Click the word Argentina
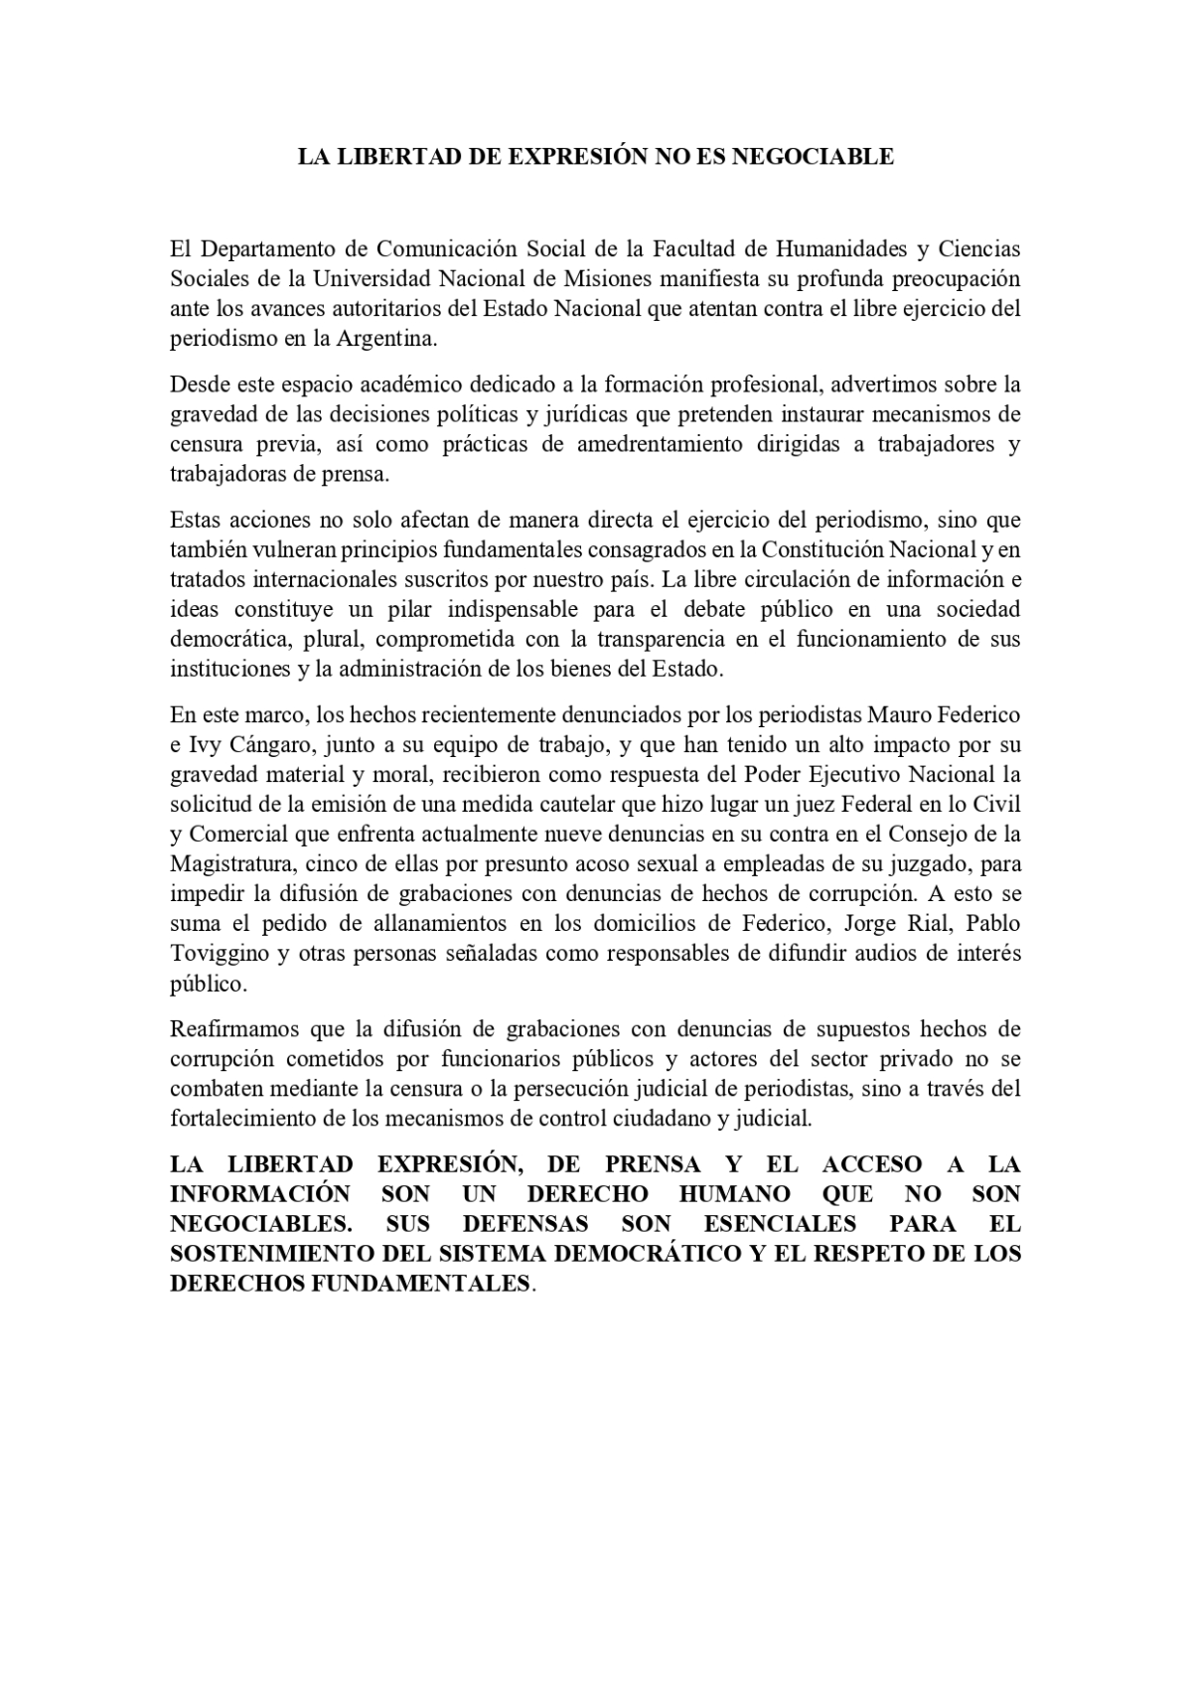pos(385,338)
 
